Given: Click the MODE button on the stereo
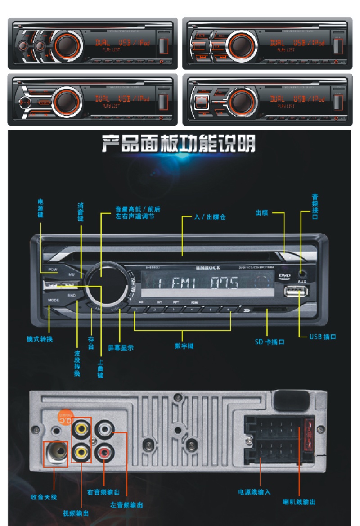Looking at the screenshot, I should (54, 299).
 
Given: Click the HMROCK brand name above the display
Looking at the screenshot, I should (208, 268).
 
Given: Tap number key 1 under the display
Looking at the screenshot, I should (135, 309).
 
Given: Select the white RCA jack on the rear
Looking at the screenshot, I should (105, 427).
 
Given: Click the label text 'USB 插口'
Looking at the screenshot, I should (323, 337).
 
